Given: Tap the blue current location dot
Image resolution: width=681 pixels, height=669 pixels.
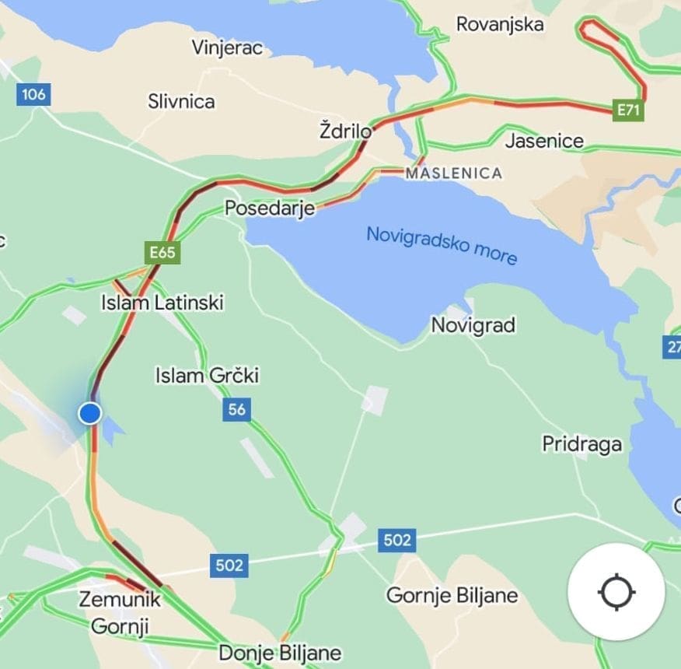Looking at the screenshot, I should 90,413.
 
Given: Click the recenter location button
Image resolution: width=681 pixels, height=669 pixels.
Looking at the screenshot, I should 616,592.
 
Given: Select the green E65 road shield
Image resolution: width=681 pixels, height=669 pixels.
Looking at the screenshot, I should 162,252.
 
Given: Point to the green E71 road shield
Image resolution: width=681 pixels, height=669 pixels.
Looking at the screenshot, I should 627,110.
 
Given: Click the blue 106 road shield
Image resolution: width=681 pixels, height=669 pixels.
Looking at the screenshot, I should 33,95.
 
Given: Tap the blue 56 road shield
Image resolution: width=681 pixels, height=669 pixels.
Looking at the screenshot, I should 236,409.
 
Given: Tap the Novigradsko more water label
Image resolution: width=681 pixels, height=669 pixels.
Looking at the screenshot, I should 441,245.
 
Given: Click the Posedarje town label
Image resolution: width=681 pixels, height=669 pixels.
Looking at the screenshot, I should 270,208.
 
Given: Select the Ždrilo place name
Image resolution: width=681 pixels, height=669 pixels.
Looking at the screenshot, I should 346,130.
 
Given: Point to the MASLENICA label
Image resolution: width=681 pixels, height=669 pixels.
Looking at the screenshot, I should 453,173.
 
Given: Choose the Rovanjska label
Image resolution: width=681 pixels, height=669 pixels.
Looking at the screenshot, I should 499,24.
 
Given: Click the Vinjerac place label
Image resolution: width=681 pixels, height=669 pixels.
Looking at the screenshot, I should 228,47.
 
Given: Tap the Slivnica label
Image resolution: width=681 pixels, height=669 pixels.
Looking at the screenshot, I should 182,101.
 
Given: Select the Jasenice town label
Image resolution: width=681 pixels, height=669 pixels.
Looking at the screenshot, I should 544,141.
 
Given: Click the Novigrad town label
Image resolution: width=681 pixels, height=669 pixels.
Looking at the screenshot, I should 473,325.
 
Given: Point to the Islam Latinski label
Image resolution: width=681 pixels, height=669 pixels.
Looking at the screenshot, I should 162,302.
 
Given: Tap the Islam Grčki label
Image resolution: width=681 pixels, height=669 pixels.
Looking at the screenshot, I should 207,377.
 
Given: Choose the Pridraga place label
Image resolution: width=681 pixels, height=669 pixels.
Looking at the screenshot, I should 581,444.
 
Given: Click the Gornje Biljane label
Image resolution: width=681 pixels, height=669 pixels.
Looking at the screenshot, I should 452,596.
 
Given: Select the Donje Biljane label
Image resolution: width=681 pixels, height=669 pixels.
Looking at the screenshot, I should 280,652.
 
